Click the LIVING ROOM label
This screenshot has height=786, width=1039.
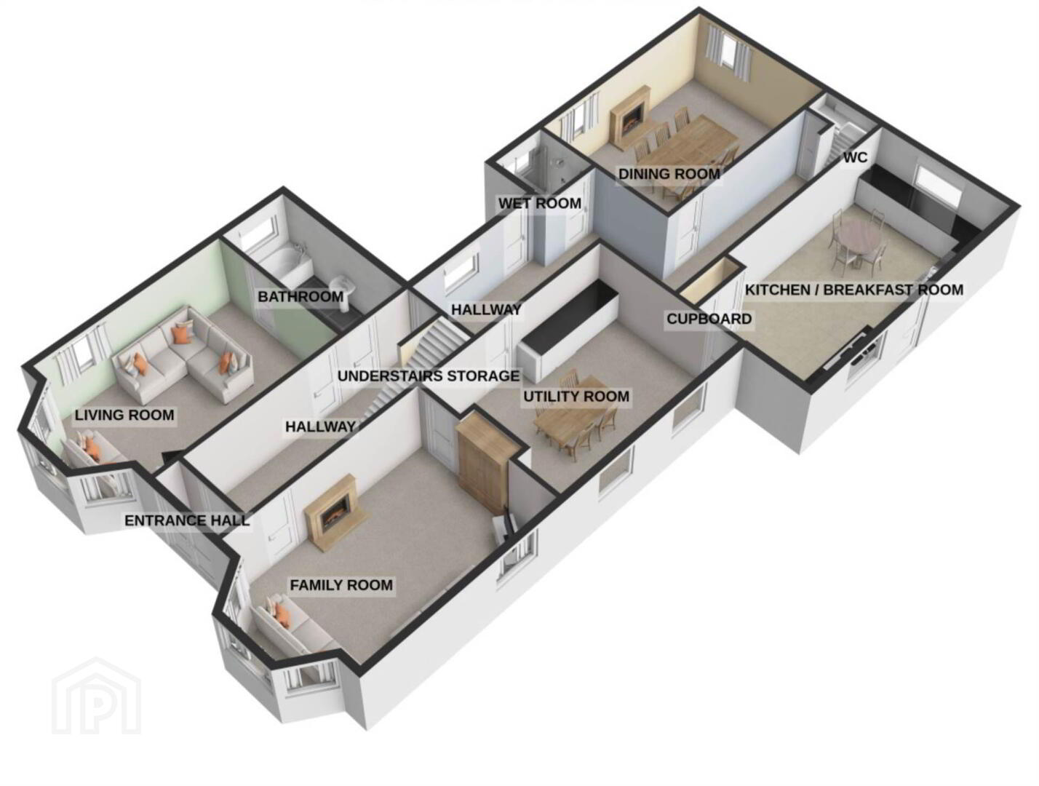pos(124,416)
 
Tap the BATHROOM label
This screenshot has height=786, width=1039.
pos(300,297)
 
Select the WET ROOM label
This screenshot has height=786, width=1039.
pos(540,204)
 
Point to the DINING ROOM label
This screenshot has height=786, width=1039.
pos(669,174)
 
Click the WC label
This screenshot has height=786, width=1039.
pos(855,157)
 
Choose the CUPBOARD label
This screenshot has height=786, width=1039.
pos(709,319)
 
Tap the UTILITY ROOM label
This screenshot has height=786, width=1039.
pos(576,397)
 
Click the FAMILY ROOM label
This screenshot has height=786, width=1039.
pos(341,585)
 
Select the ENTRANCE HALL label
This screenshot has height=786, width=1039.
pos(187,521)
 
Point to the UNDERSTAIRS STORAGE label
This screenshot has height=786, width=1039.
pos(429,376)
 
